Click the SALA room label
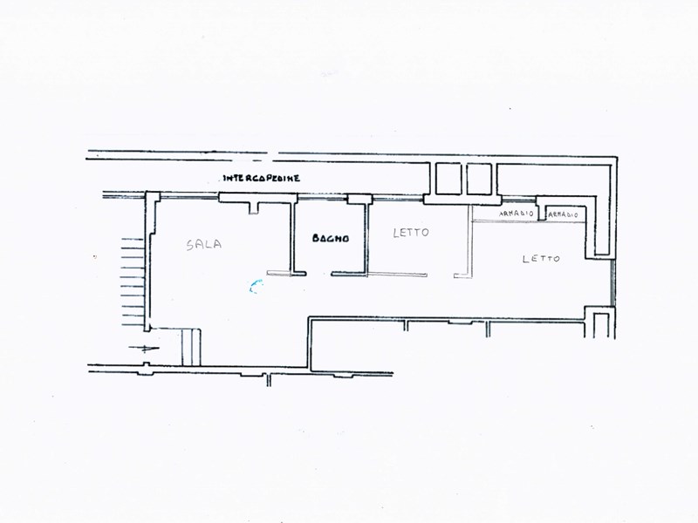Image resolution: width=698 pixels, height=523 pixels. pos(203,245)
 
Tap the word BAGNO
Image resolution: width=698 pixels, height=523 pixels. pos(332,237)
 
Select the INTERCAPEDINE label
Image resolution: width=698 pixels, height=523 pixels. pos(262,178)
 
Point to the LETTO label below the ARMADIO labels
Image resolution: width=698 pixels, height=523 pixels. pos(541,258)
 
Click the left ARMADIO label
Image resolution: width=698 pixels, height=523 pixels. pos(517,214)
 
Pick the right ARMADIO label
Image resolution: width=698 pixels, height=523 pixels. pos(565,214)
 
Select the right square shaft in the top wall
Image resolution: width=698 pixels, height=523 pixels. pos(479,180)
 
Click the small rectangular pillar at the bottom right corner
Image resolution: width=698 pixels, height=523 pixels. pos(600,323)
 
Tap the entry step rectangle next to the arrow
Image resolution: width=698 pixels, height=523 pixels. pos(190,347)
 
